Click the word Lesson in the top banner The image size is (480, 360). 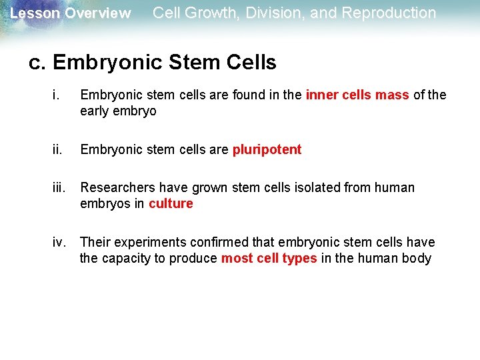coord(35,13)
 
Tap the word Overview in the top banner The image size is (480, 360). coord(98,13)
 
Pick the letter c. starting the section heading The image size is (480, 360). coord(37,63)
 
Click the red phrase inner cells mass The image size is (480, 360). coord(357,95)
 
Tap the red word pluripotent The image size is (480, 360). coord(267,149)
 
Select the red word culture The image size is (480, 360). coord(171,204)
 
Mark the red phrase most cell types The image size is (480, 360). coord(269,259)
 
